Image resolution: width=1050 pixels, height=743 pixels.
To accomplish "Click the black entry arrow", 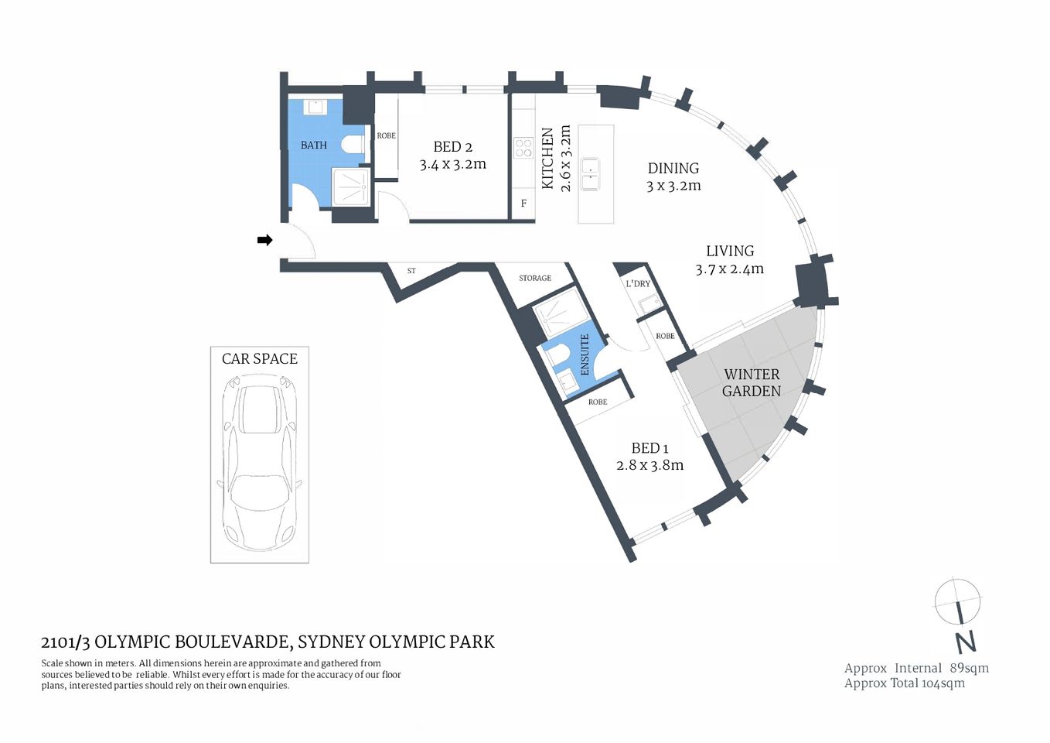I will pyautogui.click(x=264, y=240).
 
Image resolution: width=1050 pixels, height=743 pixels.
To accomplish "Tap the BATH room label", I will pyautogui.click(x=314, y=145).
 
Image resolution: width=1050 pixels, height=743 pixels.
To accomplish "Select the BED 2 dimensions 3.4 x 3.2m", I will pyautogui.click(x=452, y=164).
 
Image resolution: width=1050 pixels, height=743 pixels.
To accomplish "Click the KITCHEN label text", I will pyautogui.click(x=547, y=159).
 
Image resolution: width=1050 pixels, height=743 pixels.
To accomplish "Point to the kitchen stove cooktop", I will pyautogui.click(x=523, y=147).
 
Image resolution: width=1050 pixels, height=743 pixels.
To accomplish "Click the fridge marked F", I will pyautogui.click(x=523, y=204).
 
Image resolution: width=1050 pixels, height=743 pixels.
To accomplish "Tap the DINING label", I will pyautogui.click(x=673, y=168).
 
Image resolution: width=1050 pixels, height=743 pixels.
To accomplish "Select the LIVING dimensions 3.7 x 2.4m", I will pyautogui.click(x=729, y=269).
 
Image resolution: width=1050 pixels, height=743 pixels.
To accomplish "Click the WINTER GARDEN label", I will pyautogui.click(x=752, y=382).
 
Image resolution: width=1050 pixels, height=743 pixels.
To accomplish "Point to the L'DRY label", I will pyautogui.click(x=638, y=283).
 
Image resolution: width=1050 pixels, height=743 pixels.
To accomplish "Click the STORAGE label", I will pyautogui.click(x=535, y=278).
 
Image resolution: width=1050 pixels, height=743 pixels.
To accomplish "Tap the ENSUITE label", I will pyautogui.click(x=585, y=354).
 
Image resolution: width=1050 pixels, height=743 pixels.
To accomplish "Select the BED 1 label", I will pyautogui.click(x=649, y=448).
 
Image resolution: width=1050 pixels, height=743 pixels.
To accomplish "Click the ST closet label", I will pyautogui.click(x=411, y=271).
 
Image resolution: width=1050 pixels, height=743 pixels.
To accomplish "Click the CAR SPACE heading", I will pyautogui.click(x=260, y=358).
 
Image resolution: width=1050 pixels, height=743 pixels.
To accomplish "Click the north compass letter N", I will pyautogui.click(x=965, y=642).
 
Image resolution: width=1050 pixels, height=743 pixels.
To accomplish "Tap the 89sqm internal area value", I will pyautogui.click(x=969, y=668).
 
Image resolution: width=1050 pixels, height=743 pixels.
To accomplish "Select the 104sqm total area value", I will pyautogui.click(x=943, y=683).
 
